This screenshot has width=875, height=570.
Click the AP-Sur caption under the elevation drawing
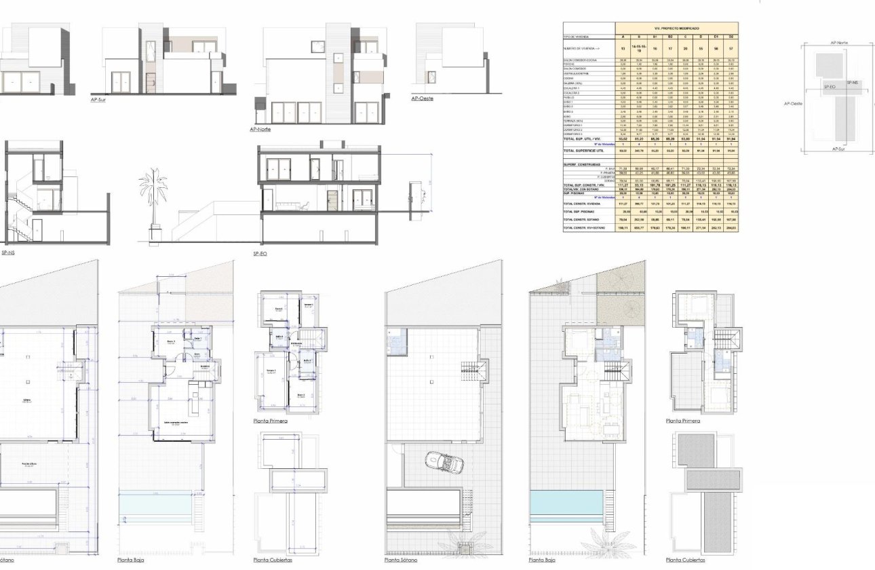tap(99, 99)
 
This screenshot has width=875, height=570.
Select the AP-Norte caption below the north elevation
tap(260, 128)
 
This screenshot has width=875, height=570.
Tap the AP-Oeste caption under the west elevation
tap(422, 99)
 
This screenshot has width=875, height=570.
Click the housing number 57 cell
tap(731, 49)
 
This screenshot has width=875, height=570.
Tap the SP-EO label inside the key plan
tap(829, 87)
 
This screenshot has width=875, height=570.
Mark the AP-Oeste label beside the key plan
tap(793, 104)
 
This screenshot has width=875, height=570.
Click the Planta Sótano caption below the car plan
tap(401, 560)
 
